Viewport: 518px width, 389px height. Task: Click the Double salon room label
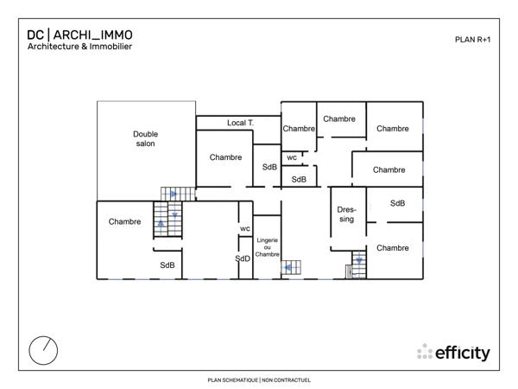coord(145,138)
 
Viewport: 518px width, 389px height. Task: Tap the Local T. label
coord(240,124)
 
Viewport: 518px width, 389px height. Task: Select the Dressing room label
coord(346,214)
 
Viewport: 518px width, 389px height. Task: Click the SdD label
coord(243,258)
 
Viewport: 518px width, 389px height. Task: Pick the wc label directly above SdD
coord(245,228)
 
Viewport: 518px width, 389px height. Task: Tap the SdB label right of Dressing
coord(397,204)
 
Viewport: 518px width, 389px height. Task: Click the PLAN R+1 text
coord(472,39)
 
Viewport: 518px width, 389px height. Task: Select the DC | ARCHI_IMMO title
coord(79,35)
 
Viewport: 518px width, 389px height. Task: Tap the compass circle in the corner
coord(44,349)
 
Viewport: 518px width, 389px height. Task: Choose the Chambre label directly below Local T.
coord(225,157)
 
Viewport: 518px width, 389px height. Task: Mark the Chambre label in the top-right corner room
coord(393,129)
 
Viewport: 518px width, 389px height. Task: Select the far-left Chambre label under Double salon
coord(125,222)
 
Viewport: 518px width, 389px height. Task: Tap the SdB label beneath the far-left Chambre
coord(167,265)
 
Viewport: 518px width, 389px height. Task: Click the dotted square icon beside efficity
coord(425,353)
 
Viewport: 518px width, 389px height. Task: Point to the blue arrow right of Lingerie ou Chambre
coord(286,268)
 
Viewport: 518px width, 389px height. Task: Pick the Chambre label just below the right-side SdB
coord(393,248)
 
